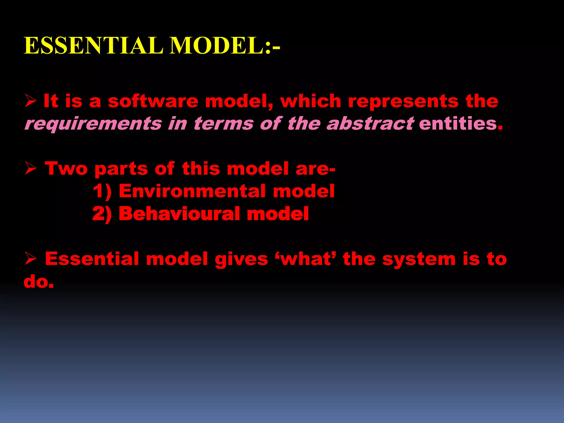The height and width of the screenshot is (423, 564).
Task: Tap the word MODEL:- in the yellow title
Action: pos(225,46)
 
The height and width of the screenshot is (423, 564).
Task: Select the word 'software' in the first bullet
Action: pos(153,101)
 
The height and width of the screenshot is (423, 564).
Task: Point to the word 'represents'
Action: pos(403,101)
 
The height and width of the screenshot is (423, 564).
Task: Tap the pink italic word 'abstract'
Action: pos(370,123)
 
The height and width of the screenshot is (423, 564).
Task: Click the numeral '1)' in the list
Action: pos(102,191)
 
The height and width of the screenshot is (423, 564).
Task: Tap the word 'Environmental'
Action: pos(192,191)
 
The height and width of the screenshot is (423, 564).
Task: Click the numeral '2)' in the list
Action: pos(102,214)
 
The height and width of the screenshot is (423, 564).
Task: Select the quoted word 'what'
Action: pos(306,259)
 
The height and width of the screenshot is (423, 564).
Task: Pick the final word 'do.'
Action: pos(39,282)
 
